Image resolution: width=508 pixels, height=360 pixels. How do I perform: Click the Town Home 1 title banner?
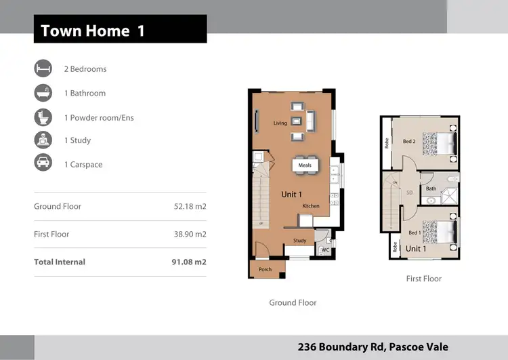click(120, 31)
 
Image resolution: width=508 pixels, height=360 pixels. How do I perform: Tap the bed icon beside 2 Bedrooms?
click(43, 68)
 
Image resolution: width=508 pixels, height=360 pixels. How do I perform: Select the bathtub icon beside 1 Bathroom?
click(43, 93)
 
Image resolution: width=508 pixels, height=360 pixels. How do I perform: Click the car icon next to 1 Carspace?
click(43, 164)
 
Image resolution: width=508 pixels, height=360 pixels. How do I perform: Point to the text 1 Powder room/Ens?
click(99, 117)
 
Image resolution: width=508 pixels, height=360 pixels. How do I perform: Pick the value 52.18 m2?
click(190, 206)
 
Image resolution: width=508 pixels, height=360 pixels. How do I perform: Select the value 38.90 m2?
click(190, 234)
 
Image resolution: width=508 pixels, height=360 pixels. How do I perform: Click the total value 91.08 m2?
click(189, 262)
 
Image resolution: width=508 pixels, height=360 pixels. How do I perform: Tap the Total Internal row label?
click(60, 262)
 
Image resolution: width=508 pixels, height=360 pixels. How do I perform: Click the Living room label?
click(280, 123)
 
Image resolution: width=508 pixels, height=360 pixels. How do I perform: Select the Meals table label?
click(304, 165)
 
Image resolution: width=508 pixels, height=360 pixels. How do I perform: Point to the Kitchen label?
click(311, 206)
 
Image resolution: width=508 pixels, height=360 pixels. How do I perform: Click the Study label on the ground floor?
click(299, 241)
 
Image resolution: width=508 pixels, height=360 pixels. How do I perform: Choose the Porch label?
click(265, 269)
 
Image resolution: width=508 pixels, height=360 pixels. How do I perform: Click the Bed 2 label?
click(408, 142)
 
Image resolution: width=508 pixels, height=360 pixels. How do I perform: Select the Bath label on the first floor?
click(431, 189)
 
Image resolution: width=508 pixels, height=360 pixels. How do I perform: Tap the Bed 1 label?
click(415, 233)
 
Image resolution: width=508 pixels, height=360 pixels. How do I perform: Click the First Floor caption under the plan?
click(423, 279)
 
